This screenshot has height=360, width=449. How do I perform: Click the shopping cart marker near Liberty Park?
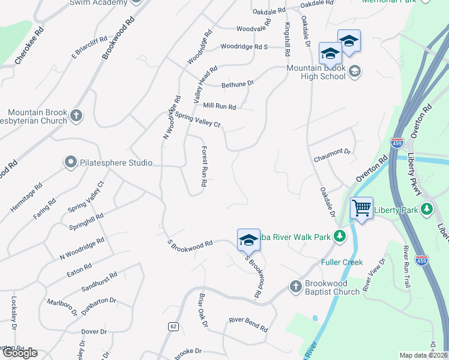(361, 209)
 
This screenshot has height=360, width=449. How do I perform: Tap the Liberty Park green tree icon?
(427, 209)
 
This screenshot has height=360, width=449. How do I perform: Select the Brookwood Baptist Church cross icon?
(295, 287)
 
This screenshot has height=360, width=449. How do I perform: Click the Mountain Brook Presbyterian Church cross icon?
(76, 115)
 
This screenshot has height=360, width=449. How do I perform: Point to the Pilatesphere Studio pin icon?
(70, 162)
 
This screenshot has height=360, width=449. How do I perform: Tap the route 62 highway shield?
(173, 326)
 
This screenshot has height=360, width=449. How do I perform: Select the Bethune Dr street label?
(238, 85)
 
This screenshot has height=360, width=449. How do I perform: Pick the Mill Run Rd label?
(219, 106)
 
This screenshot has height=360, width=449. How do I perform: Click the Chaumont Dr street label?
(332, 155)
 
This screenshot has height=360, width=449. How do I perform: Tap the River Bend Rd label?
(248, 324)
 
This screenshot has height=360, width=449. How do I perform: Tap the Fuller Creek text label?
(342, 262)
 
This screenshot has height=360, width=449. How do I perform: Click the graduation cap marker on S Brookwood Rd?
(249, 241)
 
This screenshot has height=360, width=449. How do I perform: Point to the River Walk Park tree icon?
(340, 236)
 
